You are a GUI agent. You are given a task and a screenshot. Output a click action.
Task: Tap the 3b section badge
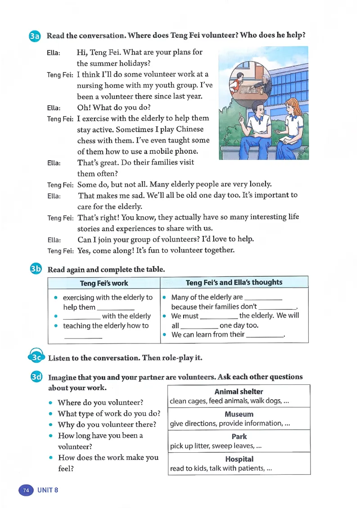(x=35, y=269)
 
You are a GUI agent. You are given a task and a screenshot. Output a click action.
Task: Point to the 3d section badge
(x=35, y=377)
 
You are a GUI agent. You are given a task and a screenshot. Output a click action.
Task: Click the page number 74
(x=26, y=490)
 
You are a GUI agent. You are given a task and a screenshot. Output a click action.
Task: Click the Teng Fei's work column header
(x=103, y=283)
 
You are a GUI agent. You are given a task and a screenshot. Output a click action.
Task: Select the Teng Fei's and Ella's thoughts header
(x=234, y=282)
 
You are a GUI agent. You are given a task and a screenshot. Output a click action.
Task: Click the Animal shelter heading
(x=238, y=392)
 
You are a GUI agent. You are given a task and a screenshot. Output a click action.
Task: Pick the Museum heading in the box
(x=238, y=414)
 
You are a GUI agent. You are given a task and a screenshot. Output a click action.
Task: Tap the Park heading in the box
(x=238, y=437)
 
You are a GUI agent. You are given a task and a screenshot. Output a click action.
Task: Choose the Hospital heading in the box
(x=238, y=459)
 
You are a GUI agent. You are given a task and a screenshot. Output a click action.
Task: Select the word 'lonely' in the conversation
(x=259, y=184)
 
